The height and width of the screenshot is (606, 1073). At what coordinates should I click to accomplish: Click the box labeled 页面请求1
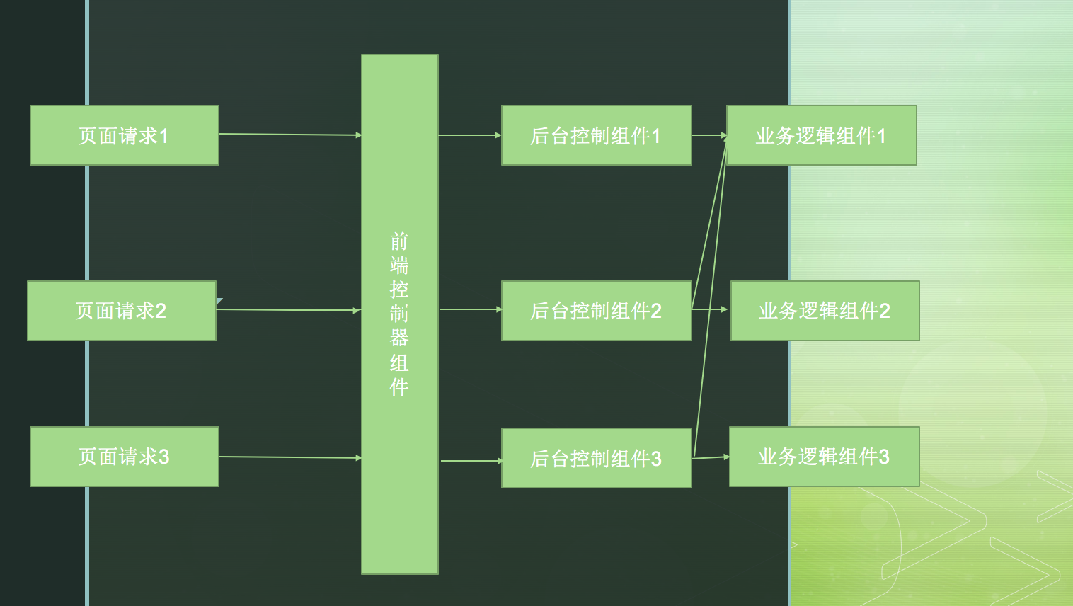pyautogui.click(x=124, y=135)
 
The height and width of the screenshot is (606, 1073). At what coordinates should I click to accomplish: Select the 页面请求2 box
pyautogui.click(x=121, y=311)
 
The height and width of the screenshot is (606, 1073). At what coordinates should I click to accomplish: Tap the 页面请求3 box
pyautogui.click(x=124, y=457)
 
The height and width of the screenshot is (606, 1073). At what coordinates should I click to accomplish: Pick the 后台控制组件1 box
pyautogui.click(x=596, y=135)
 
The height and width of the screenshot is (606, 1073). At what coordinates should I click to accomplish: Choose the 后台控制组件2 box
pyautogui.click(x=596, y=311)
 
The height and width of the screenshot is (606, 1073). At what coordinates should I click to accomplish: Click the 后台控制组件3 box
pyautogui.click(x=596, y=458)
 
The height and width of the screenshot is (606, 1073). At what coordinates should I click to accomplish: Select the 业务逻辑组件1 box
pyautogui.click(x=821, y=135)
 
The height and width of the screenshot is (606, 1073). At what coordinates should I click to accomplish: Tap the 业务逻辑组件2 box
pyautogui.click(x=825, y=311)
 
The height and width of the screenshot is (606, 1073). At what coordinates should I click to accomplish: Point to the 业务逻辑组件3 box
pyautogui.click(x=824, y=457)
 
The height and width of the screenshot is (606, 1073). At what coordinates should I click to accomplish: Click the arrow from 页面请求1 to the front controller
pyautogui.click(x=290, y=134)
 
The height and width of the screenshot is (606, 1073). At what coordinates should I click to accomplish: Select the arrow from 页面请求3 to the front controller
pyautogui.click(x=290, y=457)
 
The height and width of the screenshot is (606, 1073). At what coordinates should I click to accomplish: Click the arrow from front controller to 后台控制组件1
pyautogui.click(x=469, y=135)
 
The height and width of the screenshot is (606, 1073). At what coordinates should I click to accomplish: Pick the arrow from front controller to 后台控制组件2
pyautogui.click(x=470, y=309)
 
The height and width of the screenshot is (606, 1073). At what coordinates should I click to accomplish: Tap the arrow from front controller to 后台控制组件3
pyautogui.click(x=471, y=461)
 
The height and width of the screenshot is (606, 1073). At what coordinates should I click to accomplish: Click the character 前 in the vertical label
pyautogui.click(x=399, y=241)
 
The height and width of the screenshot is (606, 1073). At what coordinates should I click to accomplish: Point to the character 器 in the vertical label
pyautogui.click(x=399, y=338)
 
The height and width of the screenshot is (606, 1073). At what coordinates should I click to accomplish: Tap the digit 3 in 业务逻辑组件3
pyautogui.click(x=884, y=457)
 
